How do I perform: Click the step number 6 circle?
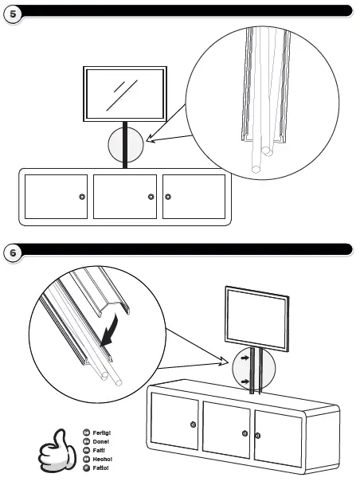[x=12, y=253]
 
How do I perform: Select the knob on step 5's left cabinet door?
[x=81, y=197]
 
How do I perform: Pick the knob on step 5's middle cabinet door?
[x=151, y=197]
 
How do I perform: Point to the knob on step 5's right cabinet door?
[x=167, y=197]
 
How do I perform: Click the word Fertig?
[x=101, y=432]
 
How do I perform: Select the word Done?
[x=100, y=441]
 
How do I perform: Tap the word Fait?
[x=100, y=450]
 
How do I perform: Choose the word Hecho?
[x=102, y=459]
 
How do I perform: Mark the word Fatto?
[x=100, y=468]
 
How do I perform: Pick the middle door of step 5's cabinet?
[x=123, y=197]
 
